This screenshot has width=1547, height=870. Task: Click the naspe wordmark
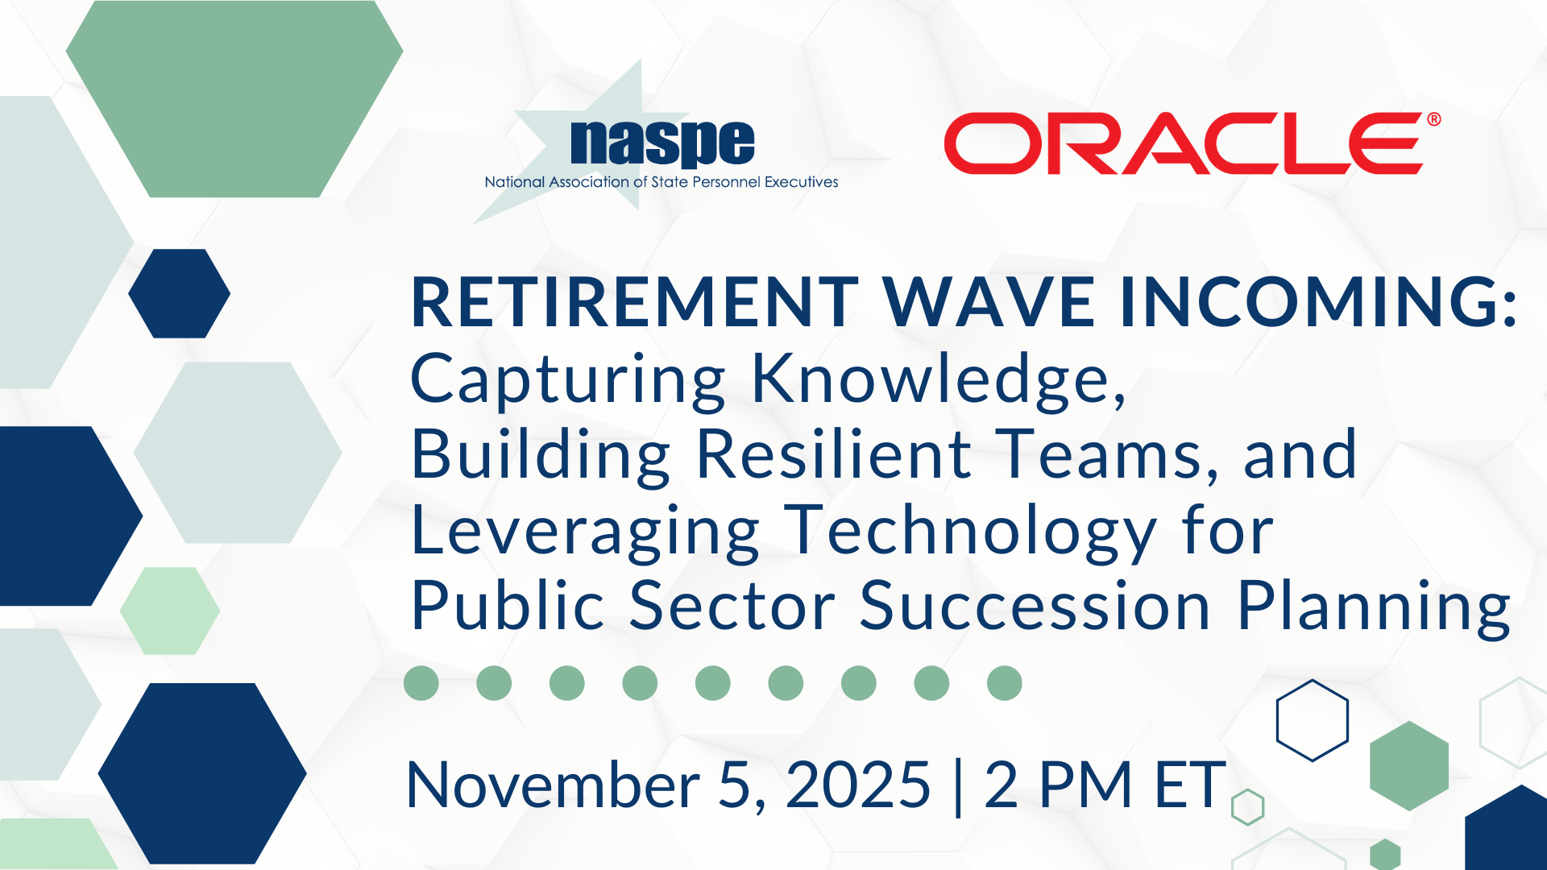point(662,143)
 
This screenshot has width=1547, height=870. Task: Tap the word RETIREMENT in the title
point(636,302)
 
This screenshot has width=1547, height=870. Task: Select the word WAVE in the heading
point(989,302)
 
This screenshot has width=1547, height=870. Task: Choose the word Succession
point(1035,606)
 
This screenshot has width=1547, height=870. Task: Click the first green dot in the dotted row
point(421,683)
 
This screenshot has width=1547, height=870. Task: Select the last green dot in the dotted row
point(1005,683)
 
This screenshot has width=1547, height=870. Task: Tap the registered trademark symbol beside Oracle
point(1434,119)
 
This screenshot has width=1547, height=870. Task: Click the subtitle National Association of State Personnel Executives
point(662,182)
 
